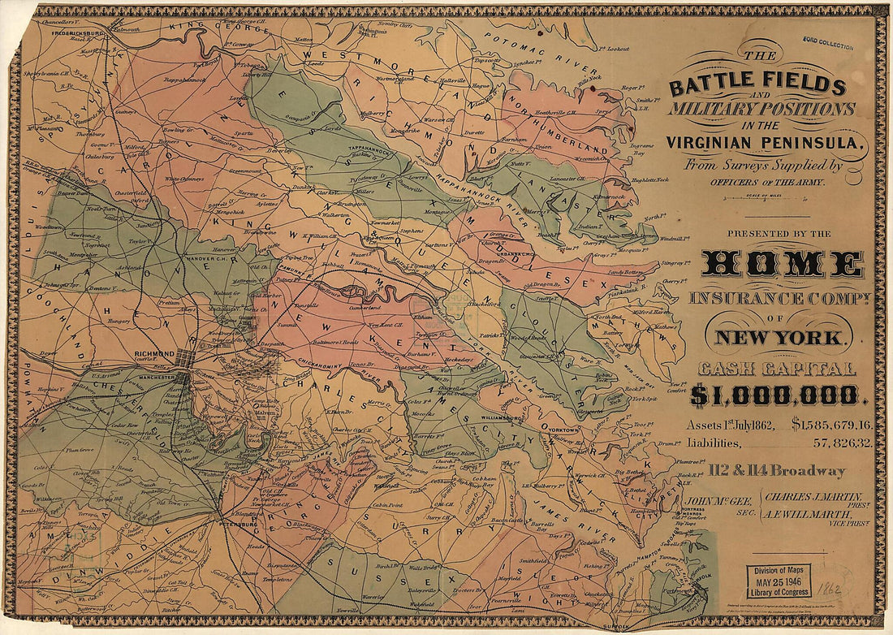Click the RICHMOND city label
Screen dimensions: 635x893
point(156,355)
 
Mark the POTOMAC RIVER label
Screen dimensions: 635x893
point(532,49)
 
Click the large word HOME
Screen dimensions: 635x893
point(783,265)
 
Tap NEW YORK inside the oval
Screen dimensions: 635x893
point(779,337)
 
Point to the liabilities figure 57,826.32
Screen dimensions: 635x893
point(843,443)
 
